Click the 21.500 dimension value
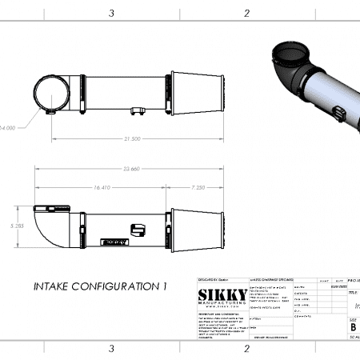132,138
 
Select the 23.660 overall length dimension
132,169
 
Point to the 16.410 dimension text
102,187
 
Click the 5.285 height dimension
12,226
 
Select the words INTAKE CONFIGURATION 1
101,285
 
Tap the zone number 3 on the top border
111,13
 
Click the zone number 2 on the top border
246,13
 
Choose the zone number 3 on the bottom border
111,348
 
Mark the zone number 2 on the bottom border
246,348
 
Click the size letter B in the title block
353,326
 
